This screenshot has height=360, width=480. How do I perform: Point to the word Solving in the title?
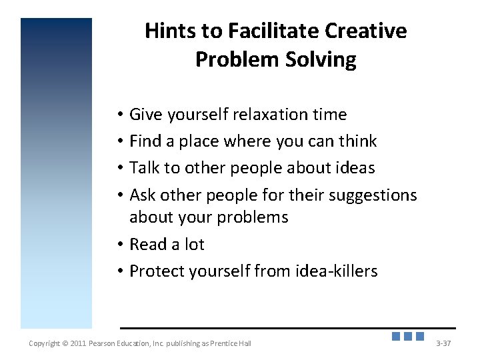(325, 60)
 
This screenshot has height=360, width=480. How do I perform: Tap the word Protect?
(157, 271)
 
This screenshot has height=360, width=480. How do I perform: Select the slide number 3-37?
(443, 343)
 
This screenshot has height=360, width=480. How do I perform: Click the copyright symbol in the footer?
(65, 343)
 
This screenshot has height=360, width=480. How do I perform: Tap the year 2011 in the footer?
(77, 343)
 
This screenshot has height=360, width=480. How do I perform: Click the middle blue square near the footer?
(408, 337)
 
